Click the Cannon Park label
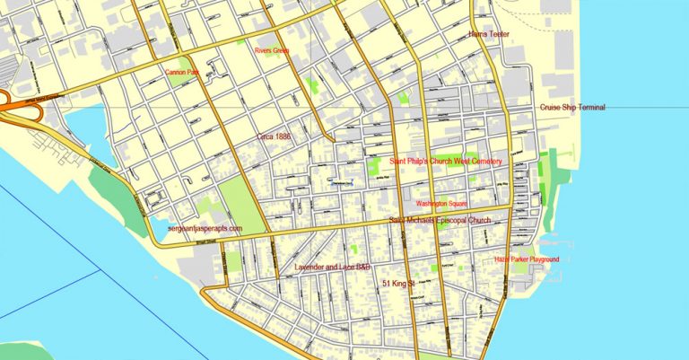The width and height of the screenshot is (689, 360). click(x=181, y=71)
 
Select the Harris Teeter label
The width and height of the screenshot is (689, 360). click(x=490, y=35)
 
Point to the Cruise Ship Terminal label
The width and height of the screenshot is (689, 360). click(x=572, y=108)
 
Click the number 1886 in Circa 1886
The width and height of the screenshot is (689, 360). click(x=284, y=136)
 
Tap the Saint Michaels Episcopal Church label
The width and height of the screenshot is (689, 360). click(x=440, y=220)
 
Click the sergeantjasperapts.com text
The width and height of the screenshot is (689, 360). click(x=205, y=229)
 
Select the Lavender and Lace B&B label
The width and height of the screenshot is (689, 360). click(x=333, y=267)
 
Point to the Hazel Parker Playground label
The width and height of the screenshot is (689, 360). click(x=527, y=259)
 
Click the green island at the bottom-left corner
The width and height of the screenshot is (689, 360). click(x=18, y=350)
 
